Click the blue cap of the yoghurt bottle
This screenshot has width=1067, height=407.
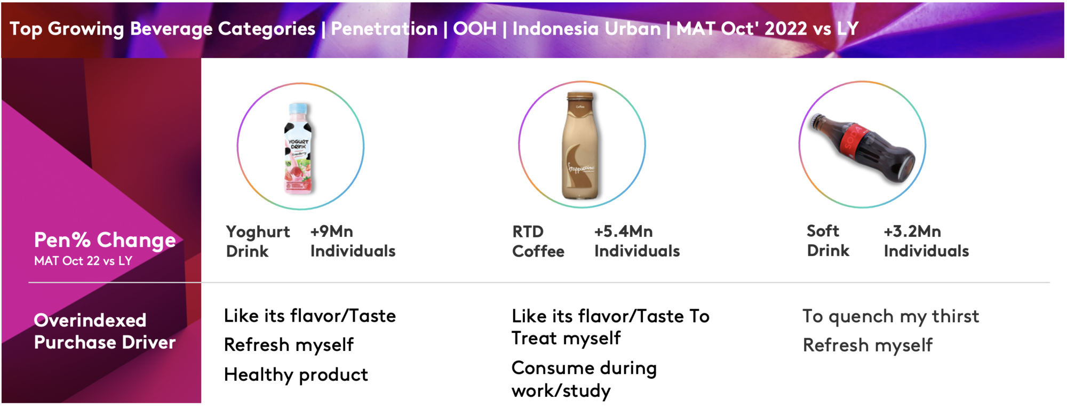click(x=299, y=109)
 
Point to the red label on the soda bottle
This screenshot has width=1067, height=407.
click(x=855, y=140)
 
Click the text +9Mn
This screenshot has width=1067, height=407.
click(x=332, y=232)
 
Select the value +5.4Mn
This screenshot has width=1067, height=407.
click(x=624, y=232)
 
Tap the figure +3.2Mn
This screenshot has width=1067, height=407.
click(x=912, y=232)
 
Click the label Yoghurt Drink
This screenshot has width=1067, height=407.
click(x=258, y=241)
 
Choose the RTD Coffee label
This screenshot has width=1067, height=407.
click(x=538, y=241)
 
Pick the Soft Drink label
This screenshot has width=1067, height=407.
click(x=828, y=241)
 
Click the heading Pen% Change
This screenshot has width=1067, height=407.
click(x=105, y=241)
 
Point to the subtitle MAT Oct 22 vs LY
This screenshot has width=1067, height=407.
click(x=83, y=261)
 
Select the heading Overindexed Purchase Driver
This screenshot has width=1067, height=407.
click(x=105, y=331)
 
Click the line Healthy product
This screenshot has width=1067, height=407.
click(x=296, y=375)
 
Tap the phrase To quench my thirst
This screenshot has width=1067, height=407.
click(x=891, y=316)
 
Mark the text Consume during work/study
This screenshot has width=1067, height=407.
click(x=584, y=379)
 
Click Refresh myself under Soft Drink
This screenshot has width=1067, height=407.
click(x=868, y=346)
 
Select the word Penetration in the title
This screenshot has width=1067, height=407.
click(x=384, y=29)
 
